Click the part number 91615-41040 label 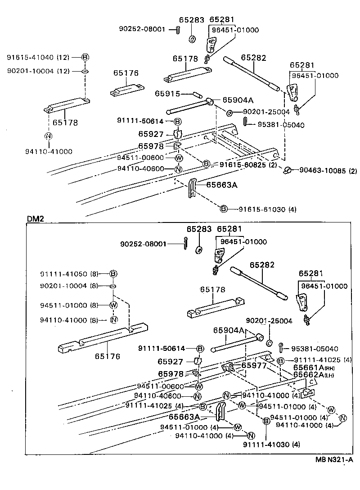click(30, 57)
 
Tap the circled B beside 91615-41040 click(85, 57)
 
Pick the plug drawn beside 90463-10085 click(288, 170)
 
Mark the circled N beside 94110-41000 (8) click(113, 320)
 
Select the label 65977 click(254, 365)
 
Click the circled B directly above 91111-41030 click(266, 421)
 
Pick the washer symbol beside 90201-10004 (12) click(85, 71)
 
